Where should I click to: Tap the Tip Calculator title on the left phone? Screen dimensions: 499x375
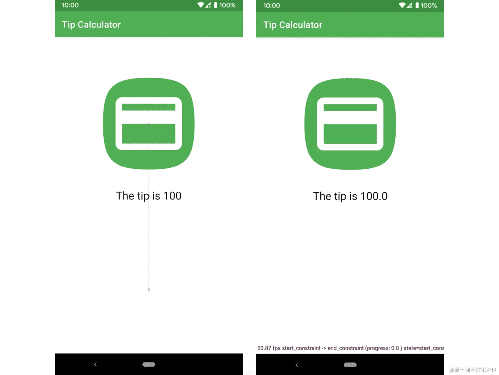[91, 25]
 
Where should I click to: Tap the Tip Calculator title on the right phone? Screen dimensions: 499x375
[293, 25]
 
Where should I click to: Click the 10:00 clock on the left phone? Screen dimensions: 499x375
[70, 5]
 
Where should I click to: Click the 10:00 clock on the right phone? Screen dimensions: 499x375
[272, 5]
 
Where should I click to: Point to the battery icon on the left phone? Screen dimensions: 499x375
[215, 5]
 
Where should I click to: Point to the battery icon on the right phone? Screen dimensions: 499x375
[417, 5]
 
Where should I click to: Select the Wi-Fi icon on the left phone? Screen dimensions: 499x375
[200, 5]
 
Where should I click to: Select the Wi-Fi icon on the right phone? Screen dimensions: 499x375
[402, 5]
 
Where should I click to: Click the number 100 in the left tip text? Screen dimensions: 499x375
[172, 196]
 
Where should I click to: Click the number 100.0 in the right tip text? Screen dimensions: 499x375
[374, 196]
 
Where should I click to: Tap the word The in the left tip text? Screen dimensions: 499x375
[125, 196]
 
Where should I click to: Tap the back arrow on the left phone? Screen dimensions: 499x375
[95, 364]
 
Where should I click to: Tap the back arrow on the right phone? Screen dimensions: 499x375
[297, 365]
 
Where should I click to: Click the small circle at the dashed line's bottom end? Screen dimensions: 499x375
[149, 289]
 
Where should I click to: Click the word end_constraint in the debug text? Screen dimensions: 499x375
[346, 348]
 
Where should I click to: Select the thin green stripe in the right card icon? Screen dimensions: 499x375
[350, 107]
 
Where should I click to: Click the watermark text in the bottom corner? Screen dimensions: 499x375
[473, 370]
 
